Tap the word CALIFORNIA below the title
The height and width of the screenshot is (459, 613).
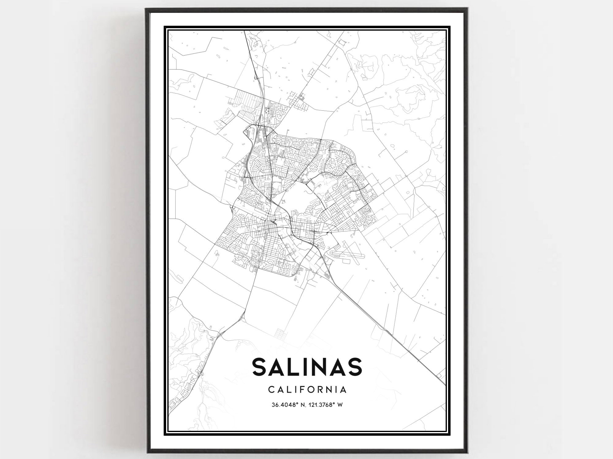(307, 390)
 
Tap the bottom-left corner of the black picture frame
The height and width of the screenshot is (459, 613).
(147, 451)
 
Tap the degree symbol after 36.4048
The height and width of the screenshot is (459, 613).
(297, 404)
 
